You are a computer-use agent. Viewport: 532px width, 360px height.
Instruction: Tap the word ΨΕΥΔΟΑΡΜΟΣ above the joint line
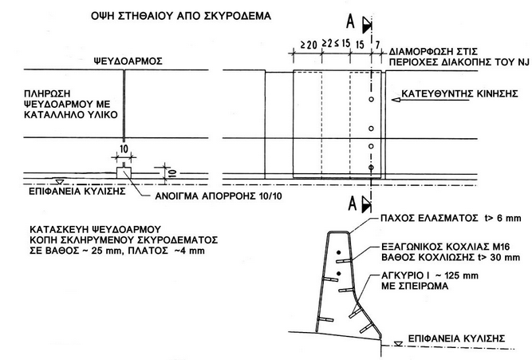click(x=123, y=59)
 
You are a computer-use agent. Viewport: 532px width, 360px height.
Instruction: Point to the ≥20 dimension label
click(x=305, y=44)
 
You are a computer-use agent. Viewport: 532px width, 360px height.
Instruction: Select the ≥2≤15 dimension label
click(x=334, y=44)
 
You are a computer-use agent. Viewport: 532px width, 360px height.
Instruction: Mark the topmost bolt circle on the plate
click(x=372, y=100)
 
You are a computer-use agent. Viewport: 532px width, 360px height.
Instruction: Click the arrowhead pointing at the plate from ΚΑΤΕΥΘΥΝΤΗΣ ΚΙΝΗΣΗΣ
click(x=392, y=101)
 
